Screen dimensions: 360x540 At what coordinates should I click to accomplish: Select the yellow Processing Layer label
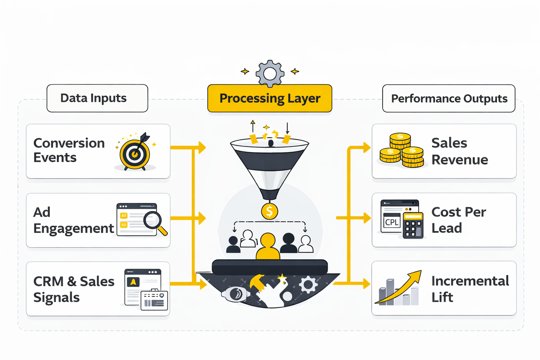click(270, 98)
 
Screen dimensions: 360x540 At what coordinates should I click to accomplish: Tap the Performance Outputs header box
click(449, 98)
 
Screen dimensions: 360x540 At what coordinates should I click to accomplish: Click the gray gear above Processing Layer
click(270, 73)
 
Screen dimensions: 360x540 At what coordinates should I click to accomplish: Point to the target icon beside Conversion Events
click(135, 153)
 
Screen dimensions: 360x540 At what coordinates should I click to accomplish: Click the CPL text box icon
click(392, 222)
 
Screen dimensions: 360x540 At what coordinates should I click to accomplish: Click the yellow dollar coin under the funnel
click(270, 211)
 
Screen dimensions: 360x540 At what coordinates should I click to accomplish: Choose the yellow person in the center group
click(268, 246)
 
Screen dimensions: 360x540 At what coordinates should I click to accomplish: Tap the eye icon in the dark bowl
click(236, 294)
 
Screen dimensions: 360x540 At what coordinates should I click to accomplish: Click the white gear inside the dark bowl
click(308, 284)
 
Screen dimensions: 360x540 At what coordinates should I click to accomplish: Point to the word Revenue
click(459, 160)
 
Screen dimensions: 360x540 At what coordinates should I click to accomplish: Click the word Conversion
click(69, 143)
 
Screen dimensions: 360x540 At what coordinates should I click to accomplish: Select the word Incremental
click(470, 281)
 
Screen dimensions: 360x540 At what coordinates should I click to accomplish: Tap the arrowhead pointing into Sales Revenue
click(367, 148)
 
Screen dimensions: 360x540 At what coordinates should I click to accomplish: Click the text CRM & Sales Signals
click(73, 289)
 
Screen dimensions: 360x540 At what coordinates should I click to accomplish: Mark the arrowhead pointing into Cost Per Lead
click(367, 218)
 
